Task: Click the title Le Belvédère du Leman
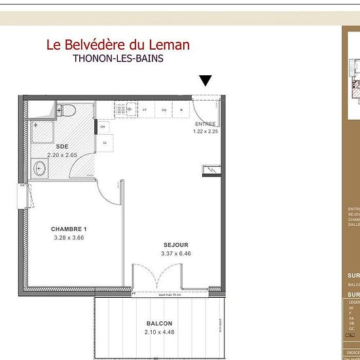tap(118, 45)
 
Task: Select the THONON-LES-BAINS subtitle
tap(118, 58)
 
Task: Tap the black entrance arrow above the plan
tap(206, 81)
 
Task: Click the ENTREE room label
tap(205, 124)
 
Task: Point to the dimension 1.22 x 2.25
tap(205, 132)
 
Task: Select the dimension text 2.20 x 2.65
tap(62, 155)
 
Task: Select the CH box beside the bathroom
tap(103, 126)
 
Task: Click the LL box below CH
tap(104, 142)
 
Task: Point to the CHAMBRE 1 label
tap(69, 229)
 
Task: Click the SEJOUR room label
tap(176, 245)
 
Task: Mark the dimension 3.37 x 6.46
tap(176, 253)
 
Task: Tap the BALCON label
tap(159, 324)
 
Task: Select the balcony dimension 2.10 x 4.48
tap(159, 332)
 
